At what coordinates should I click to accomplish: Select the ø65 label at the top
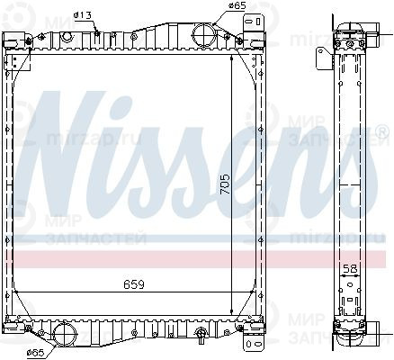pos(237,5)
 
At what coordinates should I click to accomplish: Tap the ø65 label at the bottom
pos(36,351)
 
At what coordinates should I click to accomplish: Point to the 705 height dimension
pos(226,184)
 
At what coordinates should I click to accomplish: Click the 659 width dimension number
pos(135,285)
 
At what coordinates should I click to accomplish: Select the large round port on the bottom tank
pos(65,335)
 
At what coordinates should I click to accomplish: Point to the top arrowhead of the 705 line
pos(232,56)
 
